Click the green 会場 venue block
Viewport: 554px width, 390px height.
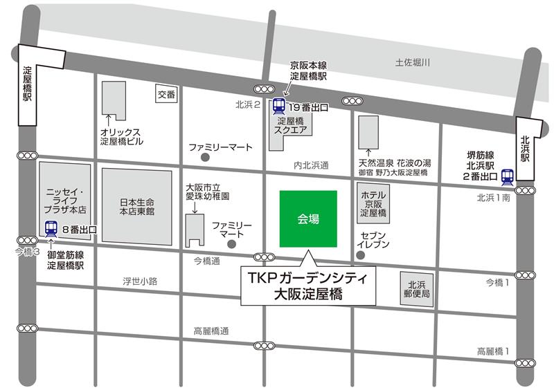coord(308,219)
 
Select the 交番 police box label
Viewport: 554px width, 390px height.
coord(166,94)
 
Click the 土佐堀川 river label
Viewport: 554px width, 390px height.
coord(413,63)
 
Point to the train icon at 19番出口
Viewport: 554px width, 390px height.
coord(279,106)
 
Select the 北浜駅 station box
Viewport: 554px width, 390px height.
coord(526,149)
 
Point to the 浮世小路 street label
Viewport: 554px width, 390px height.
coord(141,281)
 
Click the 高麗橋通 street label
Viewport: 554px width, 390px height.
coord(211,331)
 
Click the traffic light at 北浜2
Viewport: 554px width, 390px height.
coord(264,89)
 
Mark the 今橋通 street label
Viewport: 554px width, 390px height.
coord(206,261)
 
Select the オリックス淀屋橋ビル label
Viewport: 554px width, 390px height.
coord(120,136)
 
